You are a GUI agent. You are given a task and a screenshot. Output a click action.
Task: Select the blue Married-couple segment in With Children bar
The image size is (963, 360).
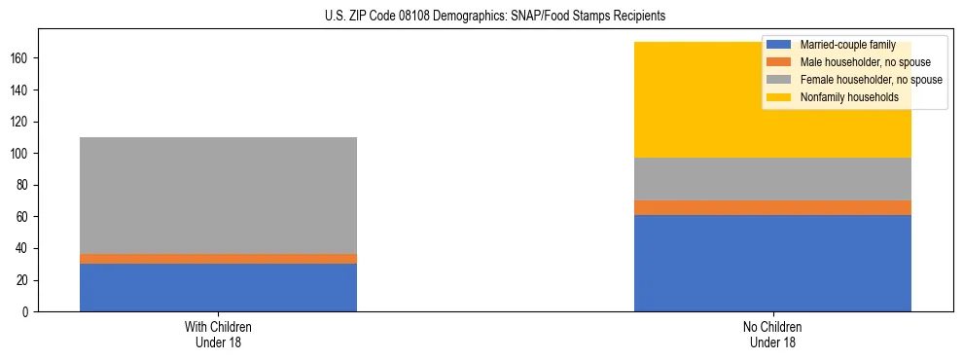point(218,287)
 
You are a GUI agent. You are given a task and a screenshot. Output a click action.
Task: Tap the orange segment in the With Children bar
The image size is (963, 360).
point(218,259)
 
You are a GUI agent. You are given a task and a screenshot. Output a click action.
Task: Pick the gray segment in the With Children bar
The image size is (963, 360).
point(218,195)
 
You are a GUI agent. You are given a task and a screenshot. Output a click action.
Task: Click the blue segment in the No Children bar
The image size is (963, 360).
point(772,263)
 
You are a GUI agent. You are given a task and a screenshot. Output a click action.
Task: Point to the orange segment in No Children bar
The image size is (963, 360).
point(772,207)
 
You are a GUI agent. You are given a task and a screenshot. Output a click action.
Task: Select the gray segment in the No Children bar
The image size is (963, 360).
point(772,179)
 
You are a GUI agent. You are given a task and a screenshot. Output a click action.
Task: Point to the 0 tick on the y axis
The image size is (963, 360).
point(28,312)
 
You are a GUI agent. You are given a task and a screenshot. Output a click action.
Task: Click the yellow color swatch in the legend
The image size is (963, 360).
point(779,97)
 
